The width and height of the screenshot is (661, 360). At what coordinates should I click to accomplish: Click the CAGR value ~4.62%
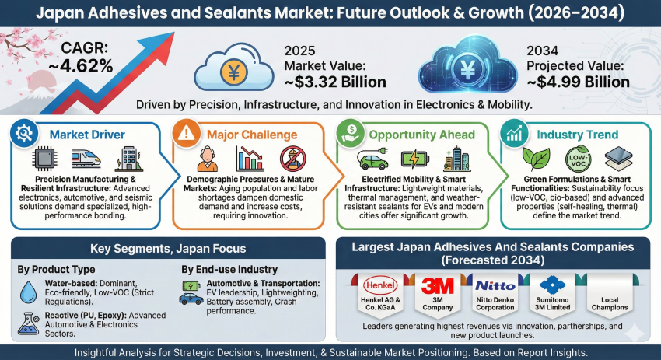tap(81, 66)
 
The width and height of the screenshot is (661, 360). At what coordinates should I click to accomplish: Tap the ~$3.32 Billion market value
tap(335, 82)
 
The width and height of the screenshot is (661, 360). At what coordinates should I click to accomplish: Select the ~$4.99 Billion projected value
tap(578, 82)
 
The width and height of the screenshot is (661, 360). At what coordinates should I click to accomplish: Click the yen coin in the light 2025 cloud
tap(233, 71)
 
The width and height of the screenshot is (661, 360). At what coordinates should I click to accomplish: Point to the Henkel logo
tap(380, 285)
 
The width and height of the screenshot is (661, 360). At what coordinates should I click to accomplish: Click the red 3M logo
tap(438, 285)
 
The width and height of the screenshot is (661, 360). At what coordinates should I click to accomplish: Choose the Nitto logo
tap(495, 286)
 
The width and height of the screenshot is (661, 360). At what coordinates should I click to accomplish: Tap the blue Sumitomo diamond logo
tap(552, 285)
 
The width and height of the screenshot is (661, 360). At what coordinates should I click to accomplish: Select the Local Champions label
tap(610, 303)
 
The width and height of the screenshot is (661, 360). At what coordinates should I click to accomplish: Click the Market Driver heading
tap(87, 135)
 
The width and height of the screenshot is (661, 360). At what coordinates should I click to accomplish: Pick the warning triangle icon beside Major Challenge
tap(187, 133)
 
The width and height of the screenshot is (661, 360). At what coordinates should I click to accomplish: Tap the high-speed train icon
tap(86, 159)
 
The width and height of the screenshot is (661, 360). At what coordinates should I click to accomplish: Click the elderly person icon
tap(208, 159)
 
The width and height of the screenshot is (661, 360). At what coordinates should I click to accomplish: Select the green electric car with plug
tap(372, 159)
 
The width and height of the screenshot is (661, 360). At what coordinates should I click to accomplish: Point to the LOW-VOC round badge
tap(578, 159)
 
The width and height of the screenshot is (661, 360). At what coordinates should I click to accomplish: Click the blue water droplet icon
tap(28, 292)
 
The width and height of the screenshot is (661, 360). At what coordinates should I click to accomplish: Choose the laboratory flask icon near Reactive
tap(29, 323)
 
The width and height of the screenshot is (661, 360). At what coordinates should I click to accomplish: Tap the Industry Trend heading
tap(577, 135)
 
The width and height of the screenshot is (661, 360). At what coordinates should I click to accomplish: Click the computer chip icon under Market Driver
tap(44, 159)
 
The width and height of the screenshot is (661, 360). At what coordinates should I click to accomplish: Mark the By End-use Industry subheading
tap(229, 269)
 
